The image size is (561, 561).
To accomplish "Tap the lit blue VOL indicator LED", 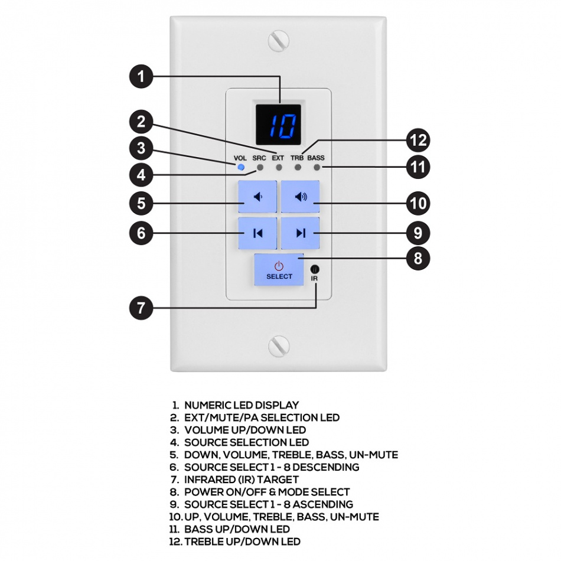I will (x=240, y=168).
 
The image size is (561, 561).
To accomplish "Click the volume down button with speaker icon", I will (x=257, y=197).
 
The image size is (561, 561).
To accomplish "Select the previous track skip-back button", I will (x=257, y=233).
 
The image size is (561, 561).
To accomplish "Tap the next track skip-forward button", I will (x=300, y=233).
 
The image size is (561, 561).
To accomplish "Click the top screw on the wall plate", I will (x=279, y=41).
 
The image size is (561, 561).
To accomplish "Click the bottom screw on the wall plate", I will (x=279, y=346).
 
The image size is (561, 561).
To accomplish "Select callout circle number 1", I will (x=141, y=77).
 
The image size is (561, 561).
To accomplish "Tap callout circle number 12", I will (x=418, y=141).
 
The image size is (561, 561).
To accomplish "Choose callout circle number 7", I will (x=141, y=308).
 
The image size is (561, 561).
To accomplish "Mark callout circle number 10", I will (x=418, y=204).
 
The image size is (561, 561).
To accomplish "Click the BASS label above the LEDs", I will (x=316, y=158).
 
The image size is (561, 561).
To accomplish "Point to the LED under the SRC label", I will (x=259, y=168).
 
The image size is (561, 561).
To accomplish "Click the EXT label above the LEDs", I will (x=278, y=158).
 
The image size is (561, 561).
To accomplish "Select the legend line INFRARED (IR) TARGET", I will (x=241, y=480).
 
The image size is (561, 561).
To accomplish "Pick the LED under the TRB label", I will (x=297, y=168).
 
